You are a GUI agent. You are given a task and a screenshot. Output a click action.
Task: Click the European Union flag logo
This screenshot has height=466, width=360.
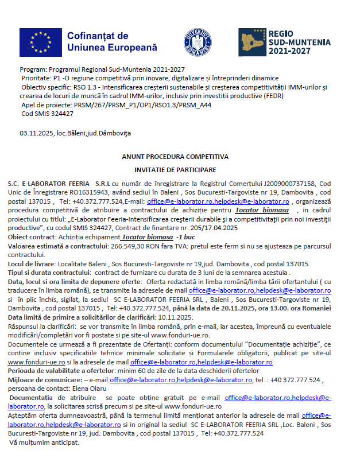point(40,42)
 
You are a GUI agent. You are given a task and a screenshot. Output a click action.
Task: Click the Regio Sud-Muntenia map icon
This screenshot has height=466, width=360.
point(251,42)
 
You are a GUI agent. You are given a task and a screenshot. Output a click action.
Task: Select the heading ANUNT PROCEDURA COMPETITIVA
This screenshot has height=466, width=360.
point(175,156)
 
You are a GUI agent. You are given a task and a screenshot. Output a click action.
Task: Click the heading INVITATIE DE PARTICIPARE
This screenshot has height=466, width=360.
point(175,170)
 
